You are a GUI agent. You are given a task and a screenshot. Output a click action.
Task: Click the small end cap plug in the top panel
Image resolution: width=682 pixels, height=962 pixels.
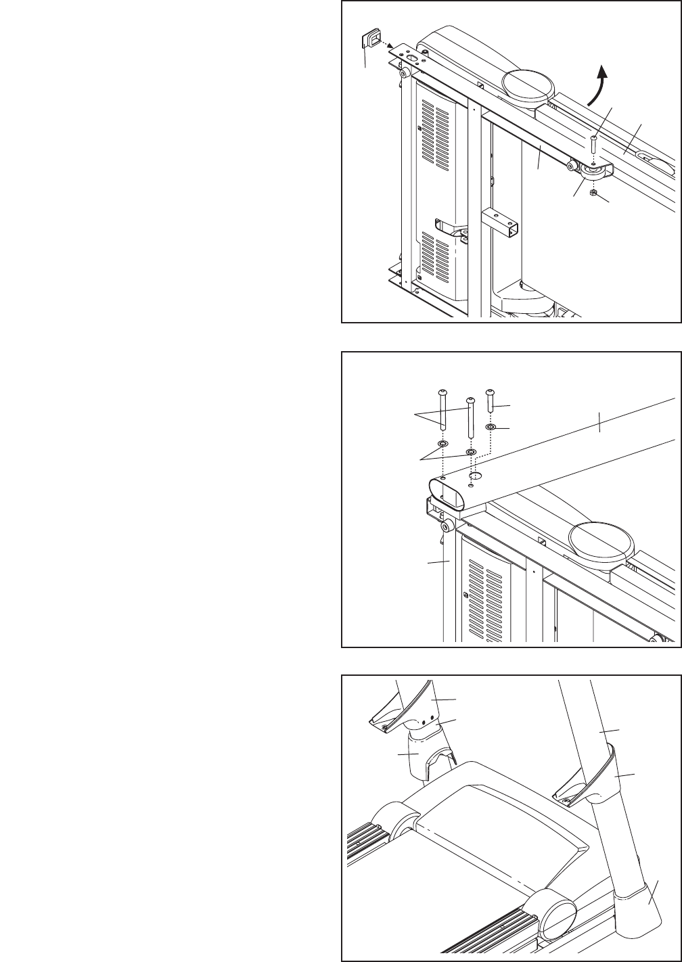[371, 40]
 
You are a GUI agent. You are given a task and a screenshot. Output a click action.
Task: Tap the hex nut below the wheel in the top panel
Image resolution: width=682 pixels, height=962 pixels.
[591, 193]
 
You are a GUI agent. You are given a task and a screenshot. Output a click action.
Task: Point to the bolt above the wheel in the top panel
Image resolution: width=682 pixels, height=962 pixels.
[593, 143]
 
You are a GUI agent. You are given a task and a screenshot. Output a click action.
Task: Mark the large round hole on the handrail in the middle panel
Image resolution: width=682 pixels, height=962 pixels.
[475, 477]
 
